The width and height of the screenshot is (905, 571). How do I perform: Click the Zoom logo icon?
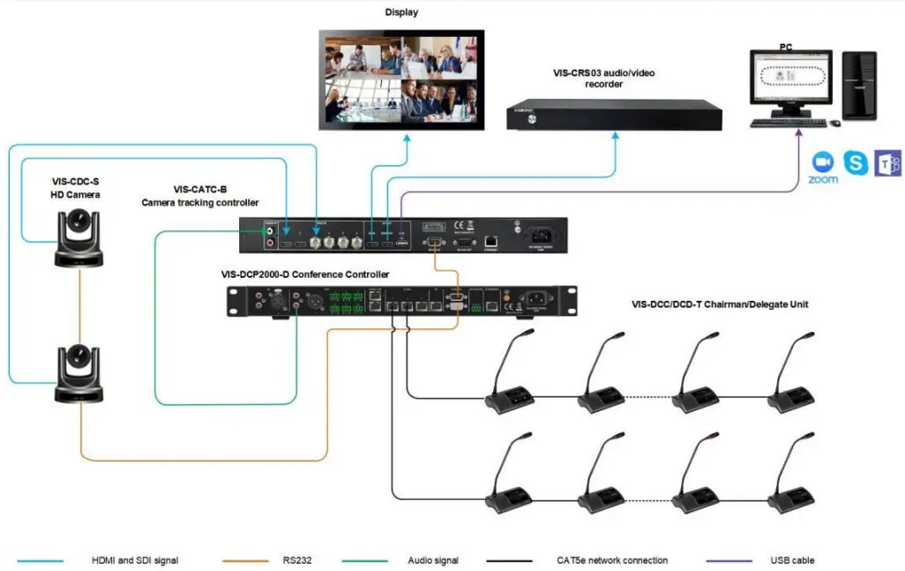pyautogui.click(x=822, y=162)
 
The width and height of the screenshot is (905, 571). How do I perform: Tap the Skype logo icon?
pyautogui.click(x=855, y=162)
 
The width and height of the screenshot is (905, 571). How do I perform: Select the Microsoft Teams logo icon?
pyautogui.click(x=886, y=162)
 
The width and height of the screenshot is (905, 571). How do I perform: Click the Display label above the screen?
pyautogui.click(x=401, y=12)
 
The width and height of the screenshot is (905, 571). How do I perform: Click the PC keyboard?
pyautogui.click(x=788, y=123)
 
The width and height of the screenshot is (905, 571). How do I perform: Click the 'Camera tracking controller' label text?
pyautogui.click(x=200, y=203)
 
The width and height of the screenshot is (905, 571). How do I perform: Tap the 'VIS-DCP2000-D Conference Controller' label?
pyautogui.click(x=305, y=274)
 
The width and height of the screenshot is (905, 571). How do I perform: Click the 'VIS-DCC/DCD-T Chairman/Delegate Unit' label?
pyautogui.click(x=720, y=304)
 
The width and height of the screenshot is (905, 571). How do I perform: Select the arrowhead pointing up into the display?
pyautogui.click(x=408, y=139)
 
